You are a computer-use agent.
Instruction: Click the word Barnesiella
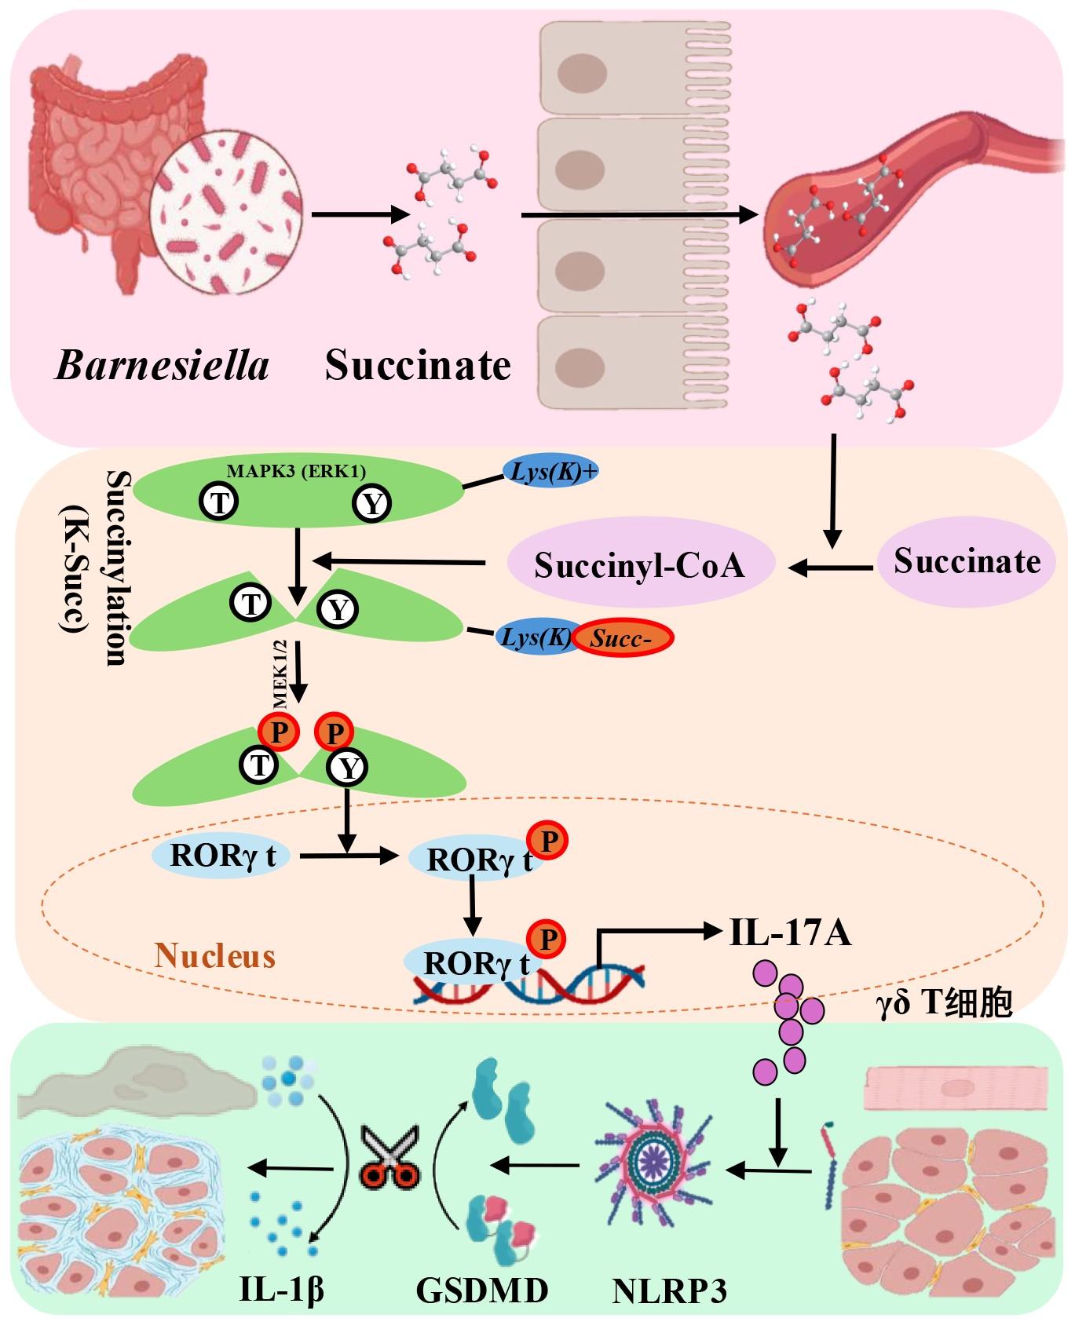(162, 365)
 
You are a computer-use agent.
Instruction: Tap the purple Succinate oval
(966, 560)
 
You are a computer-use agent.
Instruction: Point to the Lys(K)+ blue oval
(550, 473)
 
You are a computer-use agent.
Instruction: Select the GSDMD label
(481, 1290)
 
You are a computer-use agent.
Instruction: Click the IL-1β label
(281, 1290)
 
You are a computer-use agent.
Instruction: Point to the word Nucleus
(215, 956)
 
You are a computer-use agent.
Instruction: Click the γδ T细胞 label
(944, 1003)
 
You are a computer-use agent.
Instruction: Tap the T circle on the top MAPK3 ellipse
(219, 501)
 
